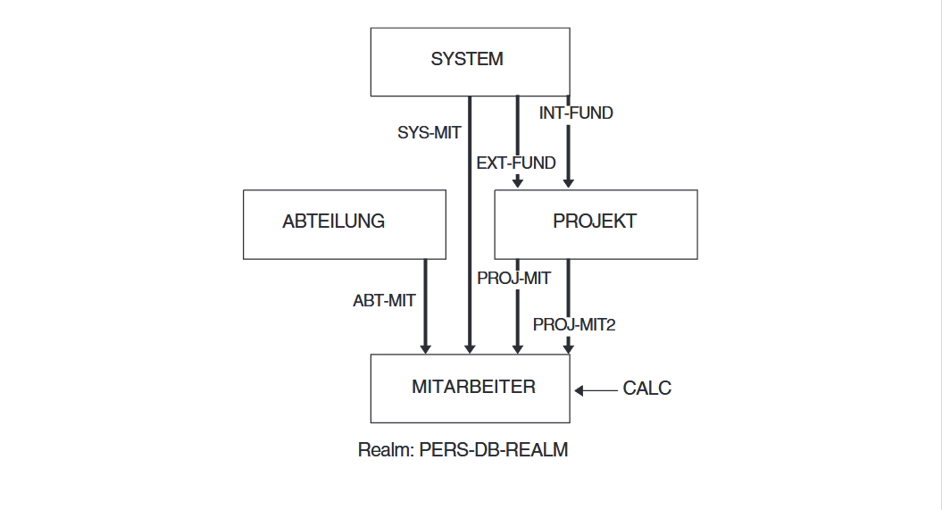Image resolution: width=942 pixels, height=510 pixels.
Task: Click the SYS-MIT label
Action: pos(429,132)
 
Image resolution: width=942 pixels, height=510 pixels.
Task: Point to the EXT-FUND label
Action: pos(516,163)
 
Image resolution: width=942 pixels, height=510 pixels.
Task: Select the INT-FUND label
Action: pos(576,113)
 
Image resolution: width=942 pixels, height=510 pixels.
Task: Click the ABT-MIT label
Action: pos(384,301)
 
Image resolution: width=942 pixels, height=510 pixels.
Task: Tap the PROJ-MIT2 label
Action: pos(574,324)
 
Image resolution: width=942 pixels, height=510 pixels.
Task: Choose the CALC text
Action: pos(646,389)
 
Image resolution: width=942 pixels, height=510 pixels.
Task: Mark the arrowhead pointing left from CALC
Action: pos(579,389)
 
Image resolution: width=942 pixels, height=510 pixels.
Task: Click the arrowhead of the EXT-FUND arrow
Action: pos(518,183)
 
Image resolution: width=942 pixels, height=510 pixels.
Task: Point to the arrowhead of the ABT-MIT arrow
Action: pos(425,347)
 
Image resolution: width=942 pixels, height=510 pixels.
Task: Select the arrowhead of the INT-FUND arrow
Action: pos(569,183)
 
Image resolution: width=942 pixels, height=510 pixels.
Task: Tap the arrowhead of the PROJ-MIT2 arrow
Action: pos(569,347)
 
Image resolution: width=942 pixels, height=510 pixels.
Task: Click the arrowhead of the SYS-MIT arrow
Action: pos(469,347)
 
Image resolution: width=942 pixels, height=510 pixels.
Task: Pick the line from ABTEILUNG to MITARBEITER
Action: pos(425,304)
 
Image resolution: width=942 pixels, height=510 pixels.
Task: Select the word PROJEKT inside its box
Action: pos(595,222)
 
